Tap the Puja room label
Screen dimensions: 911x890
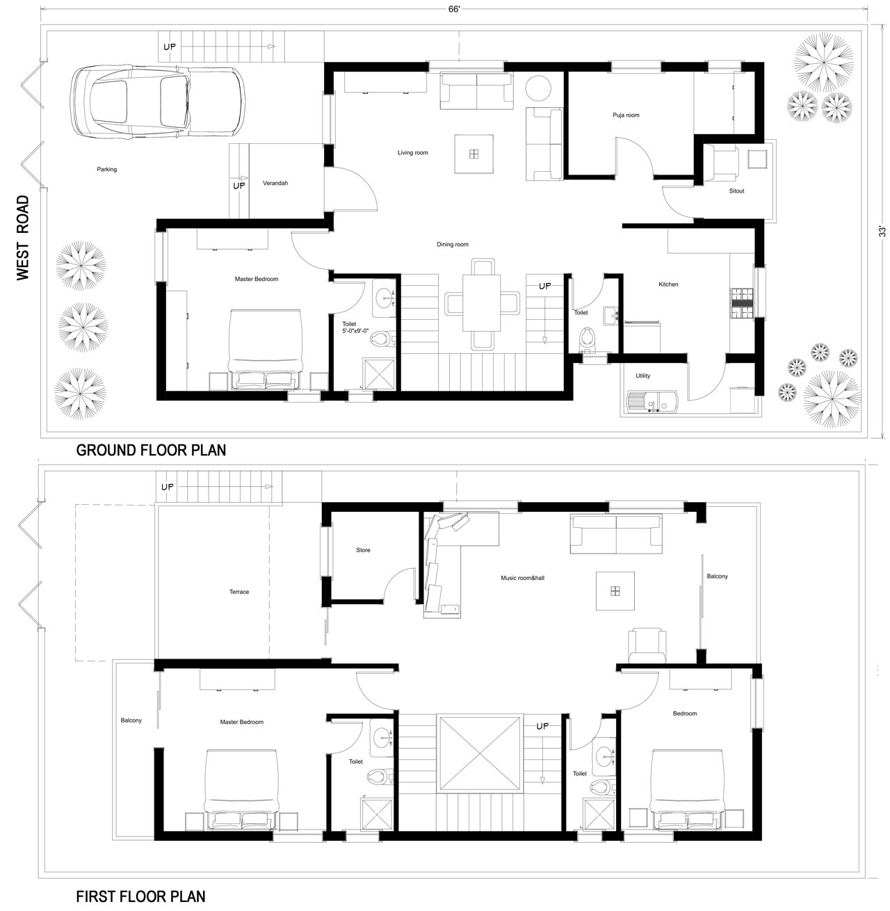coord(626,115)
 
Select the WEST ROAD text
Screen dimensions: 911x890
coord(24,238)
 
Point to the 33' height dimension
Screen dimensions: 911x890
coord(881,232)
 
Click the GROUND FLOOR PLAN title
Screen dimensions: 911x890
coord(151,450)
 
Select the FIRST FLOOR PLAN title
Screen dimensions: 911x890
coord(140,896)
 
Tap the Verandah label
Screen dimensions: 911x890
coord(275,184)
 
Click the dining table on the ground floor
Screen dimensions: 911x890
coord(483,303)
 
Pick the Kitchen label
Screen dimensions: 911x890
coord(668,284)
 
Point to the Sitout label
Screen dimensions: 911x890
coord(736,191)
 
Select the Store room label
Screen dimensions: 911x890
coord(363,550)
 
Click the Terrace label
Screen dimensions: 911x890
coord(238,592)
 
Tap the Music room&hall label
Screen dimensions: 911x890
coord(522,578)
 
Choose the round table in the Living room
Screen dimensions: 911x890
coord(537,88)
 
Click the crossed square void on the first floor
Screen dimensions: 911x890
coord(479,752)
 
